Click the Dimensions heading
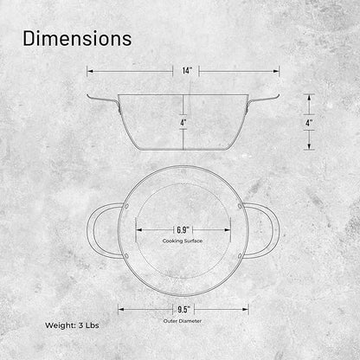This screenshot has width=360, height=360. click(77, 38)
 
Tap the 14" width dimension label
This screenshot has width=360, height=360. click(187, 71)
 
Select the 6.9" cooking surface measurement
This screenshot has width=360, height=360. click(183, 230)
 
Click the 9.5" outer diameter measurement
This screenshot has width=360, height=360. click(183, 310)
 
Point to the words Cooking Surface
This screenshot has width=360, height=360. click(183, 241)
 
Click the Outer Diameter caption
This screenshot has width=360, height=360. click(183, 321)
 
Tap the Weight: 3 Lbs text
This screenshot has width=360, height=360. click(72, 325)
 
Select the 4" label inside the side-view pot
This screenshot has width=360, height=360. click(183, 123)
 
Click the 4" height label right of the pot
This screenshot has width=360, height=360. click(309, 123)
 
